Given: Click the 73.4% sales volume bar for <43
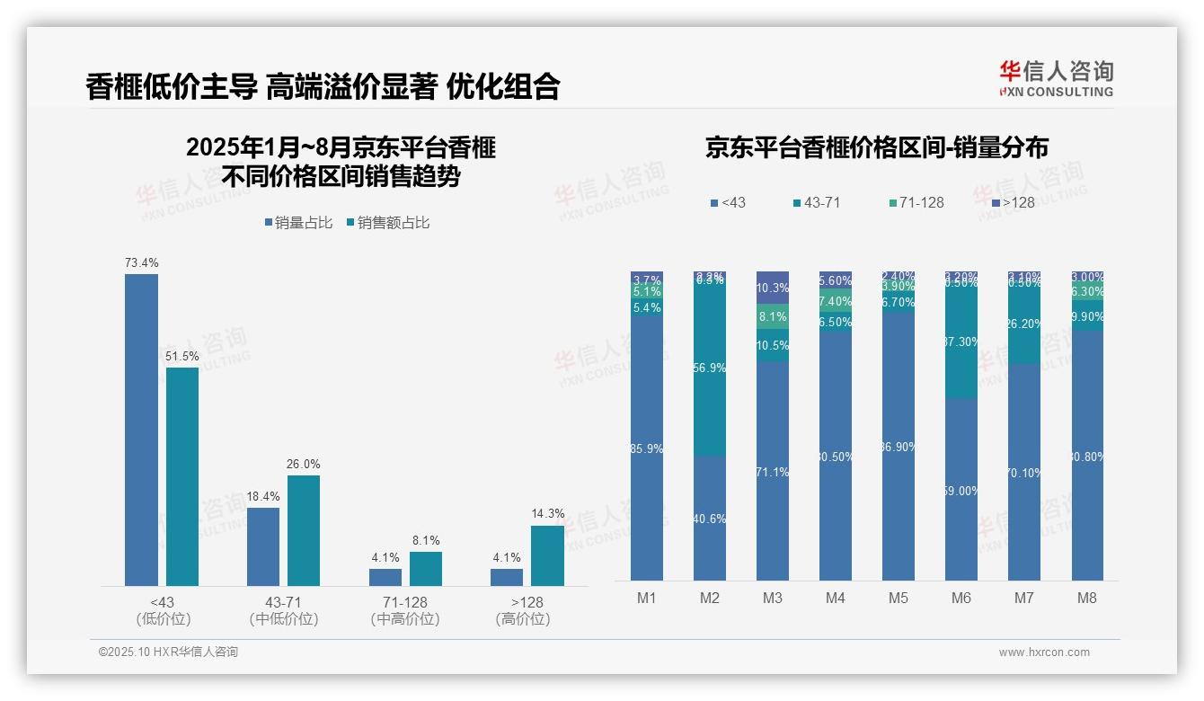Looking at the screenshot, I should [141, 430].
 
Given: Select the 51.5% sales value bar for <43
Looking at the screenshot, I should [182, 476].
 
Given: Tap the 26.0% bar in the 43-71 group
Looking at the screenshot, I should [304, 530].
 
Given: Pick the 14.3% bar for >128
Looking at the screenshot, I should [547, 555].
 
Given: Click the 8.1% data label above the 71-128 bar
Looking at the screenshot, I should [426, 540].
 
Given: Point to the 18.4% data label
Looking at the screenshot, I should [263, 496].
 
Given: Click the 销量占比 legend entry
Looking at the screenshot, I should [297, 223].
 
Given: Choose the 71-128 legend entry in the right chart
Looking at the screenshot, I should [916, 202].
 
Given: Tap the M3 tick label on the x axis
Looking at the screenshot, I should [773, 598].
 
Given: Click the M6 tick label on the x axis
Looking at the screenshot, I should [961, 598].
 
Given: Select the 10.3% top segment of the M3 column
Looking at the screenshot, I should [773, 288].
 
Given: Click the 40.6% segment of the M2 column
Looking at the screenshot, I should [710, 518].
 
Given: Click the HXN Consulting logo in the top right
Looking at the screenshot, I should [1056, 78].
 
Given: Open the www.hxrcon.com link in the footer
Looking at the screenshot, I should [1043, 652].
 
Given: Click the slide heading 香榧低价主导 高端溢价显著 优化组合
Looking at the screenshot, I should [323, 86].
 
